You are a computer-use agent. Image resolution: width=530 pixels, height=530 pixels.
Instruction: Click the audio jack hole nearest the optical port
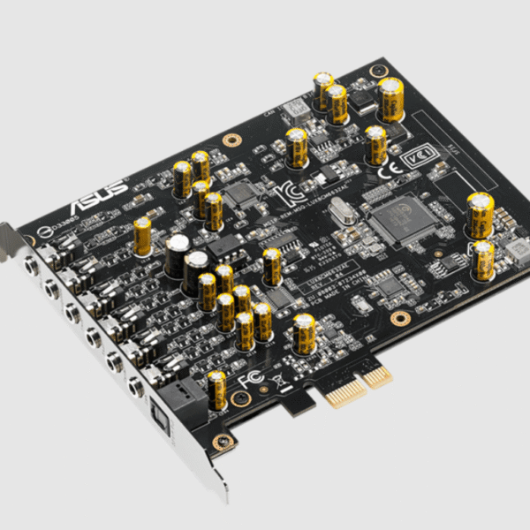(x=135, y=385)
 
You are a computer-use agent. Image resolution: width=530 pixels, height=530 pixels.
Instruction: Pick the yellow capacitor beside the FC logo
(x=216, y=388)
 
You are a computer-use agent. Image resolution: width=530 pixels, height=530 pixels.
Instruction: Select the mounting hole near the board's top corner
(x=231, y=140)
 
